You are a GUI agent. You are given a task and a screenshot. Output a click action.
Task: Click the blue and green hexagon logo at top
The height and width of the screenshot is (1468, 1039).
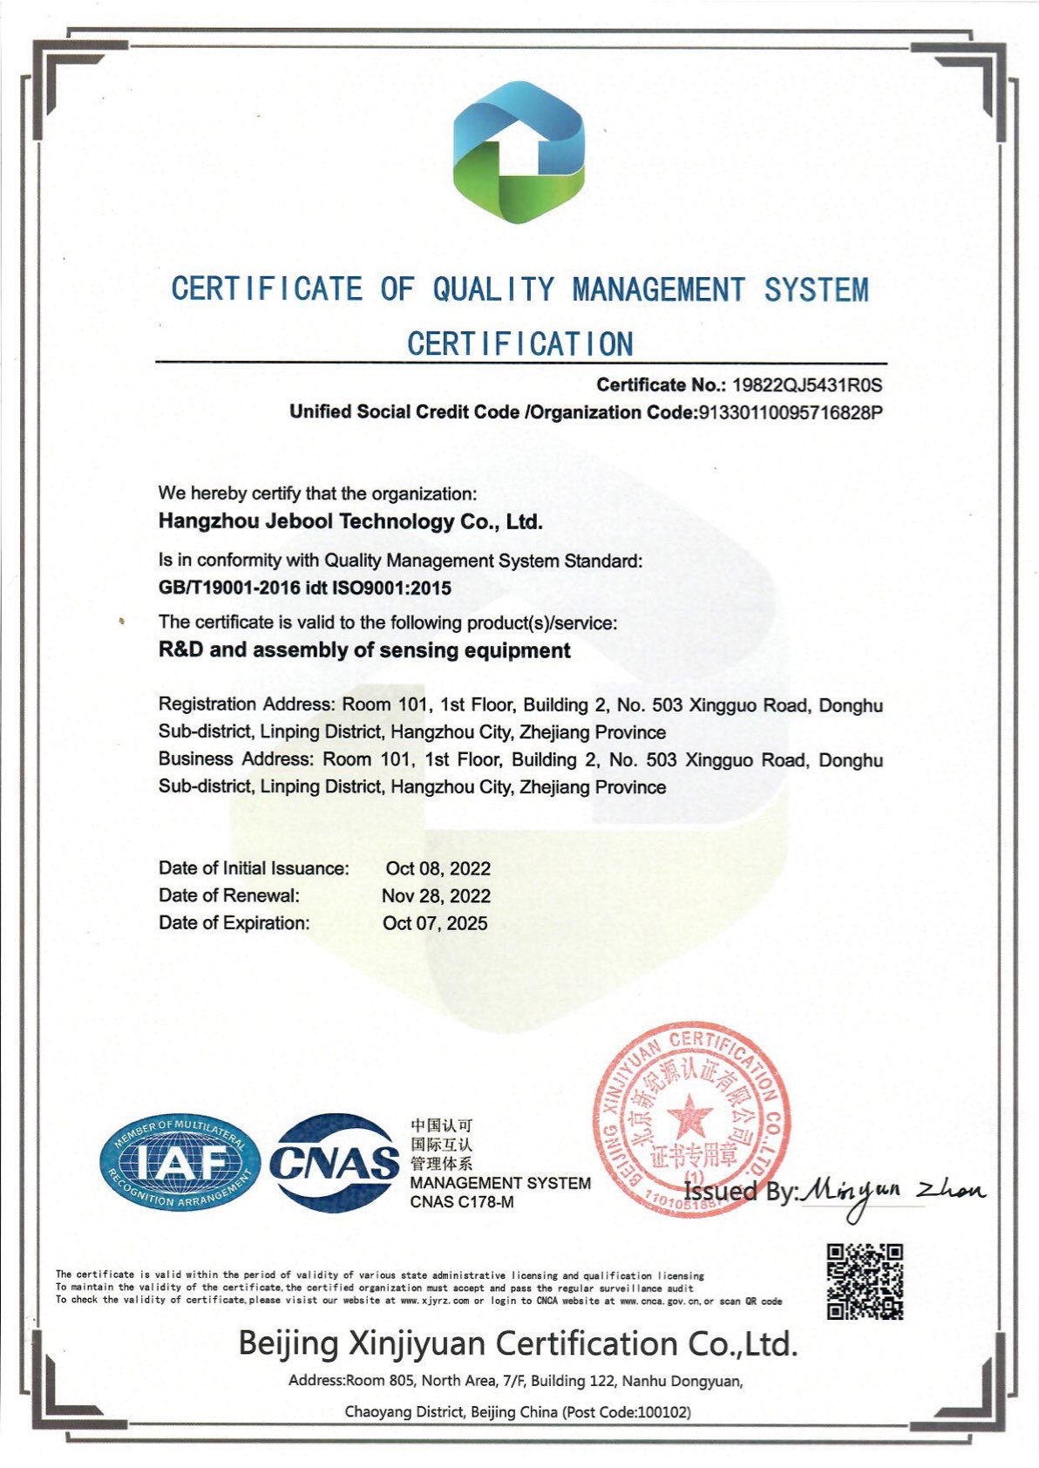coord(519,152)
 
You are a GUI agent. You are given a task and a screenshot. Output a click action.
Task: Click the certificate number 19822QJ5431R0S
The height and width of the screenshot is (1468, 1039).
coord(807,384)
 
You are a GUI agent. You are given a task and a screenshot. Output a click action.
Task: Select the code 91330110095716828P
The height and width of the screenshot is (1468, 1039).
coord(791,412)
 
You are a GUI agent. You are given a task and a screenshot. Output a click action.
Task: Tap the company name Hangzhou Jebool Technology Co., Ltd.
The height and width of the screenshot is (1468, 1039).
coord(350,522)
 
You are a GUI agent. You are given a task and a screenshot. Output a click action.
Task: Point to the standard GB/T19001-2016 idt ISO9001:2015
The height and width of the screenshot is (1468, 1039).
coord(305,588)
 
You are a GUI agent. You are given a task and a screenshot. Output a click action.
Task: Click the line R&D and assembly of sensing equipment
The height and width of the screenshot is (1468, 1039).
coord(364,650)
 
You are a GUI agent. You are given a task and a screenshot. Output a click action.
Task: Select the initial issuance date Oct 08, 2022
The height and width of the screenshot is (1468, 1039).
coord(438,868)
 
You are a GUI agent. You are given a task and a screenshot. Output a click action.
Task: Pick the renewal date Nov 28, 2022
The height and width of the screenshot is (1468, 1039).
coord(436,896)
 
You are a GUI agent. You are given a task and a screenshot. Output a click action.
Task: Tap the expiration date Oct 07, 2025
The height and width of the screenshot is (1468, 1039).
coord(435,923)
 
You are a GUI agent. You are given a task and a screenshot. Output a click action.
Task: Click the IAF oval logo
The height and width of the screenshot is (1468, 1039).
coord(180,1164)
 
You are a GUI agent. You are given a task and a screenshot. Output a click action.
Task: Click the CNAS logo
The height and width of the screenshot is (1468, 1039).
coord(334,1162)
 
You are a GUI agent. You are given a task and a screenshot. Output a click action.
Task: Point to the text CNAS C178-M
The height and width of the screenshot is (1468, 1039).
coord(462,1202)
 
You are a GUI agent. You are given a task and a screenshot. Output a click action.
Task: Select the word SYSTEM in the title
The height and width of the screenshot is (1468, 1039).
coord(817,289)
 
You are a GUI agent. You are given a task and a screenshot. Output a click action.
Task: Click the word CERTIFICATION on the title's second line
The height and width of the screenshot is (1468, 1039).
coord(520,344)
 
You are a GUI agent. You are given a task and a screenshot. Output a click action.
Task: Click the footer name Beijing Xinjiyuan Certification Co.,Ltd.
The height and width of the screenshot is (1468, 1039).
coord(519,1343)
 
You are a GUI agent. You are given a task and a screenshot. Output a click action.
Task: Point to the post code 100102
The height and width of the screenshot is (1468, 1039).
coord(664,1412)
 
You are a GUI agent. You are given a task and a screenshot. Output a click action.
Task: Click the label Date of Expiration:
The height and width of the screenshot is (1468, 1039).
coord(234,923)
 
